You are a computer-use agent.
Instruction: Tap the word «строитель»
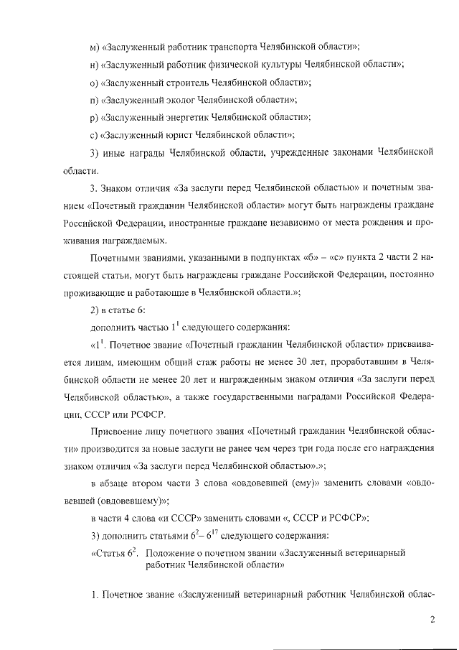(181, 83)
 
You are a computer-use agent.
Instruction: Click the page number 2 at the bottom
(432, 620)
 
